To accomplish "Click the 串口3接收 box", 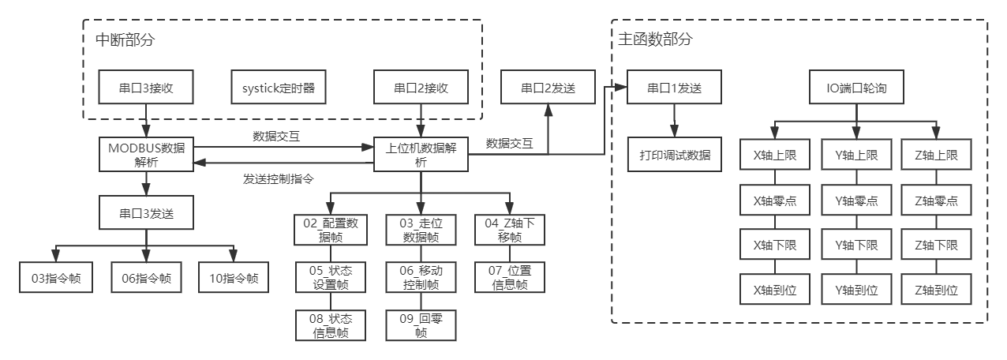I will [x=147, y=88].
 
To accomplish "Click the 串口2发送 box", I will [x=548, y=88].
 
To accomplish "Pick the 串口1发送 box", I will [x=674, y=88].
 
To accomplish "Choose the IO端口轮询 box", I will [x=856, y=88].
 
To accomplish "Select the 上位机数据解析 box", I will [x=421, y=154].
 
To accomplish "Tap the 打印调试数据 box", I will [x=675, y=155].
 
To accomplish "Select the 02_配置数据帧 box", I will [x=332, y=230].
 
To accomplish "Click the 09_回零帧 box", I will [x=421, y=325].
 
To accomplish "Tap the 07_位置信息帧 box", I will [x=509, y=277].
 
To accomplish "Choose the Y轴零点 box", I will [x=856, y=201].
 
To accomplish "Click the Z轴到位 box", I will [x=935, y=290].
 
